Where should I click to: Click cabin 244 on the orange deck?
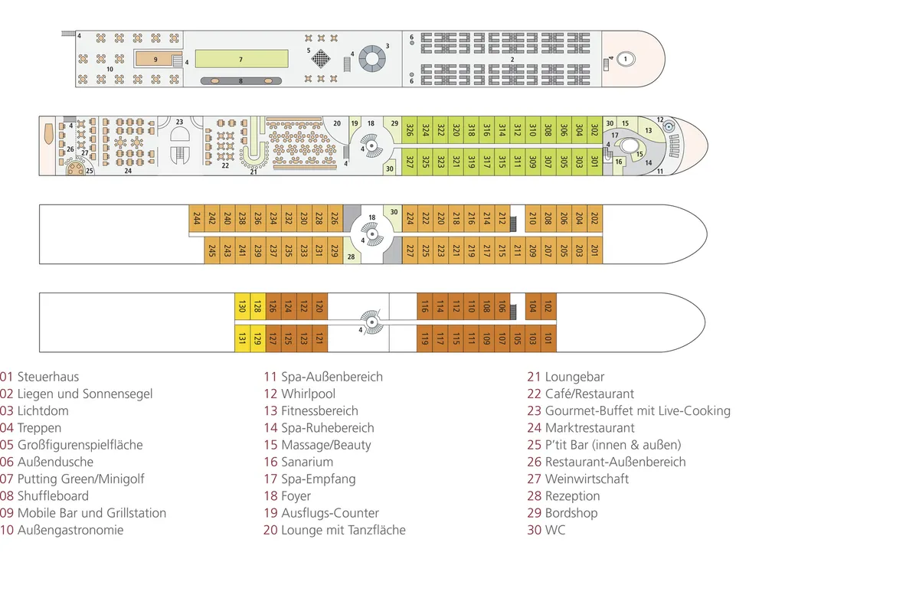197,218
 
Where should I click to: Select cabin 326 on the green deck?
410,130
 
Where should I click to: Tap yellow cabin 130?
242,307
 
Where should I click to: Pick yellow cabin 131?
242,338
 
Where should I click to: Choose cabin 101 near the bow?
548,338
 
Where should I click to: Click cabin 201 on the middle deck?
594,250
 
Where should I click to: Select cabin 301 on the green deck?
594,162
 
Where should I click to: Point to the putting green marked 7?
241,58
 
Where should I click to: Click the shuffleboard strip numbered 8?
241,80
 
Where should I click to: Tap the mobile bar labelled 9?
155,58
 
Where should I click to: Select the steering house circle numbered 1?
626,58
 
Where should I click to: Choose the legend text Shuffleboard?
53,496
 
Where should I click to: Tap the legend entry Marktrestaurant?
590,428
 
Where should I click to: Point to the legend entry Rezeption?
572,496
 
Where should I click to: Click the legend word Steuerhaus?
48,377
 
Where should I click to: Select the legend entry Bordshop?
571,513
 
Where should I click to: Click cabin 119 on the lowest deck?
424,338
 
